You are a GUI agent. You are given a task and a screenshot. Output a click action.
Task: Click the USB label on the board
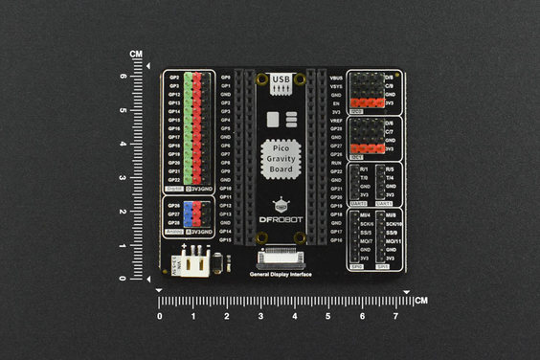pyautogui.click(x=280, y=79)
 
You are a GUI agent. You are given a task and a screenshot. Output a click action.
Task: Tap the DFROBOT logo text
pyautogui.click(x=280, y=220)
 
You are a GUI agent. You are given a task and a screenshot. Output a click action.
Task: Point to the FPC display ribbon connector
pyautogui.click(x=281, y=257)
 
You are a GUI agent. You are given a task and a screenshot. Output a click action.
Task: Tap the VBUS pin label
pyautogui.click(x=336, y=76)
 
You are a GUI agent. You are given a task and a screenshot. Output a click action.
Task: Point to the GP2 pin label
pyautogui.click(x=175, y=76)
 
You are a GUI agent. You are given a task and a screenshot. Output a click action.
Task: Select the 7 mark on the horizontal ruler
pyautogui.click(x=395, y=316)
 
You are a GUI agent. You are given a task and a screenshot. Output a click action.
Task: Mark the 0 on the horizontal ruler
pyautogui.click(x=160, y=316)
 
